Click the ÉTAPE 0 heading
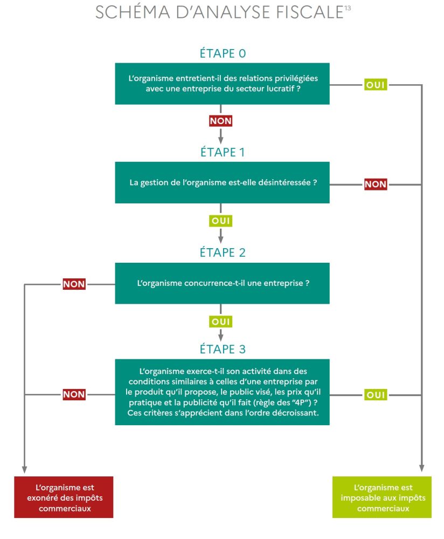(x=222, y=54)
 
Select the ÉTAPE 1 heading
(x=222, y=153)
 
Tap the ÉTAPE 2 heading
(x=222, y=253)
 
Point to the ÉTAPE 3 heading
(x=222, y=349)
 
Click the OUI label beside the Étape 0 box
(x=376, y=85)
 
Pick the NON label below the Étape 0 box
(x=220, y=121)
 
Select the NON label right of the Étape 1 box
(x=376, y=184)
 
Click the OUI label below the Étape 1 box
(x=220, y=221)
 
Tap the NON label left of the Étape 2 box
(x=74, y=284)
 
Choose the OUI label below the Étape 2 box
(x=220, y=322)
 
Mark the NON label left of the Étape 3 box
(x=74, y=394)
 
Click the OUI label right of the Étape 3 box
(x=376, y=395)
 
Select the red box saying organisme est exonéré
(x=64, y=497)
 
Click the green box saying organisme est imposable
(x=381, y=497)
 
